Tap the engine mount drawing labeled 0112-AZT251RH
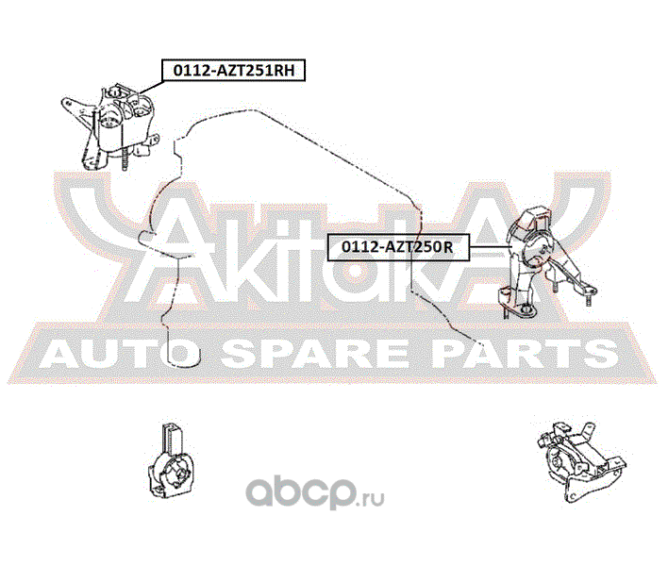(119, 123)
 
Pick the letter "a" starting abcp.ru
(257, 491)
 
